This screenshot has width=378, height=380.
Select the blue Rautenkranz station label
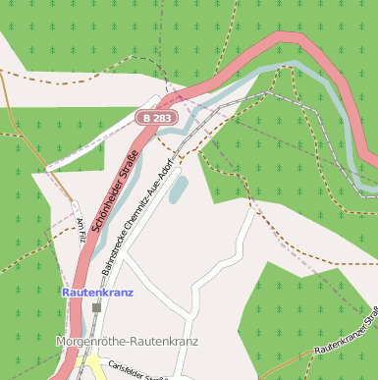(96, 293)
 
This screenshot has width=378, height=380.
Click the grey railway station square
(96, 307)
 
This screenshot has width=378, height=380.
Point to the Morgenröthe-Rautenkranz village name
(127, 342)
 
